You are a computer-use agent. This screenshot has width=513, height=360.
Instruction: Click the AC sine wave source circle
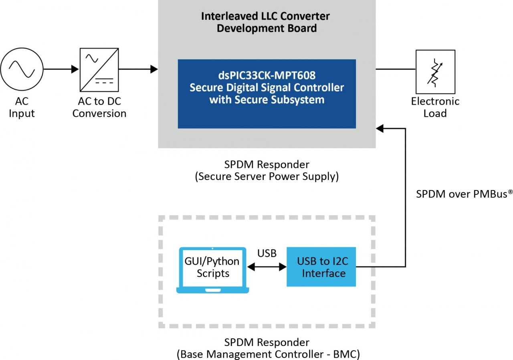pos(22,69)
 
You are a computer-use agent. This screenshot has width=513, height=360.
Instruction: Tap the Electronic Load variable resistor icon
pos(435,71)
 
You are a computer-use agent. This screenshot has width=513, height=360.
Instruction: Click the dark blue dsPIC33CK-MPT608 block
pos(267,94)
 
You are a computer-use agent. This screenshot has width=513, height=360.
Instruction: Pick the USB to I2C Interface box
pos(321,267)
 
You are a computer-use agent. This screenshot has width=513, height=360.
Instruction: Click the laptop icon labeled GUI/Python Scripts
pos(212,269)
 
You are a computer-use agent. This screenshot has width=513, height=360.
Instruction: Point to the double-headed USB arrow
pos(267,267)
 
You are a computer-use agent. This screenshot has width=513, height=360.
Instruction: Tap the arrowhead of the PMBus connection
pos(380,128)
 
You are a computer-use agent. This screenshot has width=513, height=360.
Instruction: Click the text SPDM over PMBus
pos(461,194)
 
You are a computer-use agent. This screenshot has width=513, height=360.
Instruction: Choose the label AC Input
pos(22,107)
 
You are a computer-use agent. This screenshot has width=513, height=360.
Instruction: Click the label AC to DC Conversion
pos(99,107)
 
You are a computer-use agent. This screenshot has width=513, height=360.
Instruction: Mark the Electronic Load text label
pos(435,107)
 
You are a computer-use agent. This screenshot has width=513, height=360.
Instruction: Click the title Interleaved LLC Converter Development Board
pos(265,22)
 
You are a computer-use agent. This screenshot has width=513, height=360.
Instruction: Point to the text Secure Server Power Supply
pos(267,177)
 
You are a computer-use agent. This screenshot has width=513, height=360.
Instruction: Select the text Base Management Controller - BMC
pos(267,354)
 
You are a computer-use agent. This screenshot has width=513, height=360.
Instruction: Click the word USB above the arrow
pos(267,253)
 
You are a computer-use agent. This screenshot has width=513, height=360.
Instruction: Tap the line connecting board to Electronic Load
pos(395,69)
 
